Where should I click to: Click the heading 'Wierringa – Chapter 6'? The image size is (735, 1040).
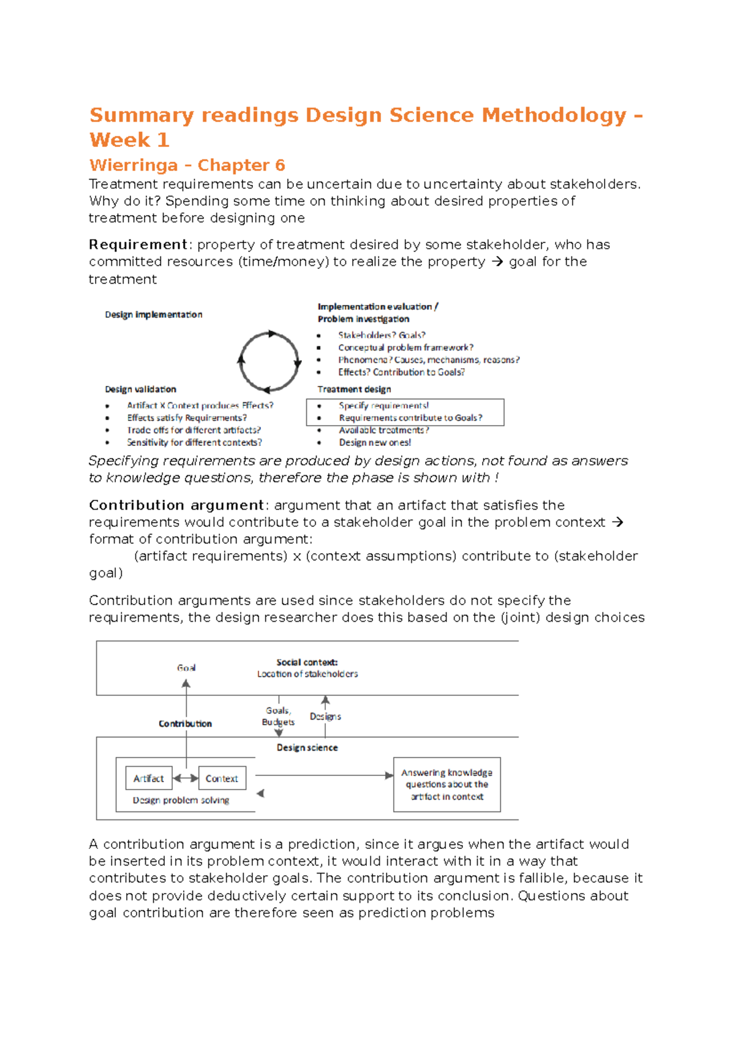pyautogui.click(x=187, y=165)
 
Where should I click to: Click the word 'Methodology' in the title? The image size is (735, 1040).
pyautogui.click(x=554, y=115)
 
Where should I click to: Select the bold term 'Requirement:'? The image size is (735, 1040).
pyautogui.click(x=140, y=245)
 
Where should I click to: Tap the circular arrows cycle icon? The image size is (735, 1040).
pyautogui.click(x=269, y=361)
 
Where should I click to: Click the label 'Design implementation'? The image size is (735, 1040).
pyautogui.click(x=154, y=315)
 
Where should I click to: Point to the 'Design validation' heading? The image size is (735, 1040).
pyautogui.click(x=141, y=390)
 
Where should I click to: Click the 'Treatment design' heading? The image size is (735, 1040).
pyautogui.click(x=354, y=390)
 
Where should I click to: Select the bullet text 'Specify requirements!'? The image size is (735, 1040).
pyautogui.click(x=383, y=405)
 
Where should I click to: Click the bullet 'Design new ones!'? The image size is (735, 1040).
pyautogui.click(x=375, y=442)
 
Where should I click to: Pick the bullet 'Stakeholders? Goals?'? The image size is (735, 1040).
pyautogui.click(x=382, y=335)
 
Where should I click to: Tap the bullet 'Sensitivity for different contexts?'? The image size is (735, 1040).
pyautogui.click(x=194, y=442)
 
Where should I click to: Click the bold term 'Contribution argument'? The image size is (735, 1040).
pyautogui.click(x=176, y=505)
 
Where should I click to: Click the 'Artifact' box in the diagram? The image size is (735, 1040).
pyautogui.click(x=149, y=778)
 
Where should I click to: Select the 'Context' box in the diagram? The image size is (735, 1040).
pyautogui.click(x=222, y=778)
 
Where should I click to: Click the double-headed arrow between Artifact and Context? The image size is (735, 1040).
pyautogui.click(x=186, y=778)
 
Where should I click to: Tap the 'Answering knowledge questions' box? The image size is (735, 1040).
pyautogui.click(x=447, y=785)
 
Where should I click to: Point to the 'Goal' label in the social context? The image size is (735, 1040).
pyautogui.click(x=186, y=668)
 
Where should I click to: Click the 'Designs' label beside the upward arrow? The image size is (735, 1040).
pyautogui.click(x=325, y=716)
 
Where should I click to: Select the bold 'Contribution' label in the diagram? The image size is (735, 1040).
pyautogui.click(x=185, y=724)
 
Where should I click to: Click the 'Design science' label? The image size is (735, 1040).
pyautogui.click(x=307, y=748)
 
